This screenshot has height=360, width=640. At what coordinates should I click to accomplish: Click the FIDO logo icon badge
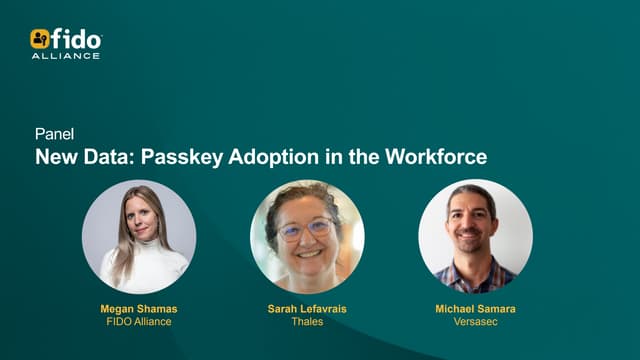tap(40, 39)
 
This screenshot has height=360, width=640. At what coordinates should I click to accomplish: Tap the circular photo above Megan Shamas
tap(139, 236)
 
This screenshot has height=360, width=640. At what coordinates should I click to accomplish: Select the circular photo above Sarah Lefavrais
tap(307, 236)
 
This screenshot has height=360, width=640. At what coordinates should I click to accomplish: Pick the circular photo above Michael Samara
tap(475, 236)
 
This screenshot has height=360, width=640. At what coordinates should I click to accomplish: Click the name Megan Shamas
tap(140, 310)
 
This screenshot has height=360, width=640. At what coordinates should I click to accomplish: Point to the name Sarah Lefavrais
tap(307, 310)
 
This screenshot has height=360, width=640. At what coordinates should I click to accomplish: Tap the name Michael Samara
tap(475, 310)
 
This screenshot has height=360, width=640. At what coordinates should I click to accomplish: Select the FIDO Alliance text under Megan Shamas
tap(140, 323)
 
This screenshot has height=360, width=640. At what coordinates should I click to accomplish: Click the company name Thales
tap(307, 323)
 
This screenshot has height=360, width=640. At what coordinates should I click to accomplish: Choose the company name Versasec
tap(475, 323)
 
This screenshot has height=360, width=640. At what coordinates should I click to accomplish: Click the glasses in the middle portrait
tap(304, 229)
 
